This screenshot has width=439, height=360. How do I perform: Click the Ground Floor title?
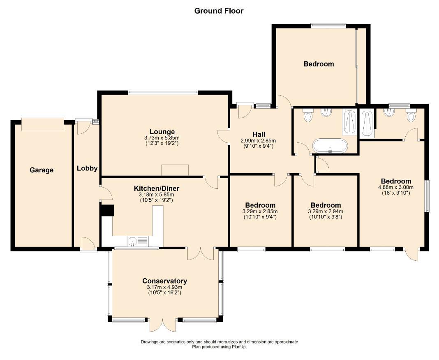tap(219, 11)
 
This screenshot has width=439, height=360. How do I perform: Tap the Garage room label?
tap(42, 170)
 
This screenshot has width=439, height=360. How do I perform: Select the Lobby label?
tap(87, 168)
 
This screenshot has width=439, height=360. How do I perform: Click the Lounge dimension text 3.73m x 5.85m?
tap(162, 138)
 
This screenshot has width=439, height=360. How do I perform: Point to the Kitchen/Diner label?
tap(157, 188)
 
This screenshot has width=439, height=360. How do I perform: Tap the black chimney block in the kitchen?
tap(107, 210)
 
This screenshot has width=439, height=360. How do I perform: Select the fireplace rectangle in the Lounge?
tap(175, 170)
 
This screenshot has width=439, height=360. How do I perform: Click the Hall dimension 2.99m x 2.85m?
tap(258, 141)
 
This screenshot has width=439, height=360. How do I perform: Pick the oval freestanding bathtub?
tap(330, 146)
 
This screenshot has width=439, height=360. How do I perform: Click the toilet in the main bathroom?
tap(308, 116)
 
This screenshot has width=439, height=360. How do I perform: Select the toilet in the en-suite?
tap(411, 116)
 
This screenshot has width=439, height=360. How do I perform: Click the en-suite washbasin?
tap(390, 112)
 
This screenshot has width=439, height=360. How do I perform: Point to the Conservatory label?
tap(164, 281)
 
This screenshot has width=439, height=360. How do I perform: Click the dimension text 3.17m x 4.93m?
tap(164, 288)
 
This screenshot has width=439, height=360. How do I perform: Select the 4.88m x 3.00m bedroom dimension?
tap(396, 188)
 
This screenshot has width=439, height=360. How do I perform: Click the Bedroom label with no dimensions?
tap(319, 64)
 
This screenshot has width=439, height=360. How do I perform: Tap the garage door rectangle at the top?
tap(43, 124)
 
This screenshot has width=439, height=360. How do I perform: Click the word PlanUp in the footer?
tap(239, 347)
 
